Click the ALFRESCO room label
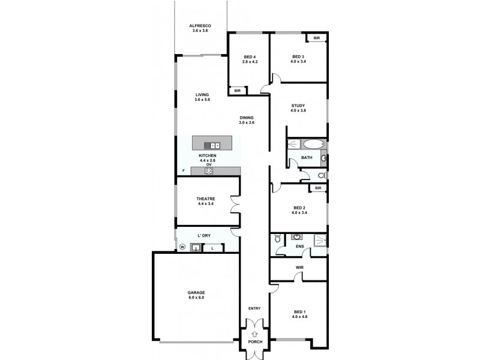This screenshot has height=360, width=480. coord(199,25)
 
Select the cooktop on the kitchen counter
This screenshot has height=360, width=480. coord(209,171)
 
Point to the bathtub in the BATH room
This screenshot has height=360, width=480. coord(313,144)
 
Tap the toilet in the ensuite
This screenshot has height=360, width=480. coord(278,239)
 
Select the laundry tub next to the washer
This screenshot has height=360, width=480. coord(196,247)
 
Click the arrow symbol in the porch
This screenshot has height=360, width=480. coord(254,334)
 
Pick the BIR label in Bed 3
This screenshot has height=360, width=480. coord(317,38)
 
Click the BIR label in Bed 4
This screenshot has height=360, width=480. coord(238,91)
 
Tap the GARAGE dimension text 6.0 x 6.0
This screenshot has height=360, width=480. coord(196,298)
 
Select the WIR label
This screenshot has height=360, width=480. coord(299,268)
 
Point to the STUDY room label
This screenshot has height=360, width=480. coord(298,106)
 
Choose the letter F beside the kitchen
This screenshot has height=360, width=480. coord(184,171)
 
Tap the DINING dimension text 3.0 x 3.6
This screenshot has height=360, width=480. coord(247,122)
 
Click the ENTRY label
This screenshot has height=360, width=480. coord(254,308)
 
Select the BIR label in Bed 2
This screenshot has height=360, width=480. coord(317,188)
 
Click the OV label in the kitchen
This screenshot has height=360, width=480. coord(209,164)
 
